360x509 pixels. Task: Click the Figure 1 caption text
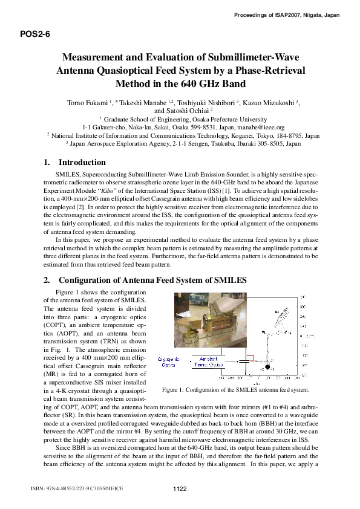coord(236,391)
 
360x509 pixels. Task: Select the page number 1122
coord(180,488)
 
